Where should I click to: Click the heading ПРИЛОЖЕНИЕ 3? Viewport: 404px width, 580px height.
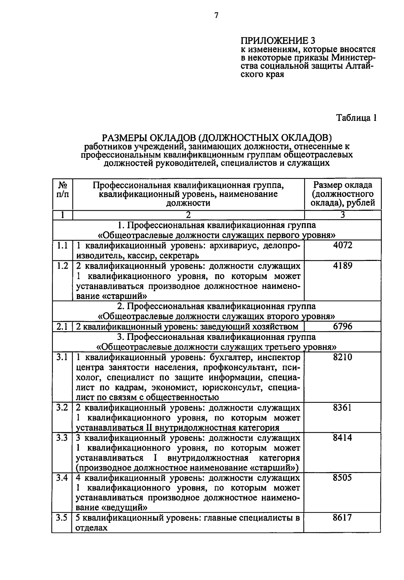click(278, 41)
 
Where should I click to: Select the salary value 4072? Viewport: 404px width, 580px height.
click(342, 245)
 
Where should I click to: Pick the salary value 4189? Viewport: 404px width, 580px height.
click(342, 266)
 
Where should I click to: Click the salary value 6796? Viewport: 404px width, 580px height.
click(342, 326)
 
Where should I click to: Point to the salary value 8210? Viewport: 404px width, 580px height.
click(342, 357)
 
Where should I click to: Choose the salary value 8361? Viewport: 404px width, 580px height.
click(342, 408)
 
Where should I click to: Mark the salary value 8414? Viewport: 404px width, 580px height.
click(342, 438)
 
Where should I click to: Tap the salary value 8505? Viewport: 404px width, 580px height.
click(342, 478)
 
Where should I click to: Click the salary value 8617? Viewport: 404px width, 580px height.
click(342, 517)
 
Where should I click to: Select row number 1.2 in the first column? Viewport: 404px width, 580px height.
click(62, 266)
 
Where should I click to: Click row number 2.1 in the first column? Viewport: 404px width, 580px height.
click(62, 326)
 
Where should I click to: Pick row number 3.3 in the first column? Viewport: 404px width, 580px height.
click(62, 438)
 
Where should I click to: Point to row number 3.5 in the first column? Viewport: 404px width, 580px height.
click(62, 518)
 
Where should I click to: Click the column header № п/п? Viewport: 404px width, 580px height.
click(63, 190)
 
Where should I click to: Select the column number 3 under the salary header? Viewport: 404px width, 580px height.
click(342, 215)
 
